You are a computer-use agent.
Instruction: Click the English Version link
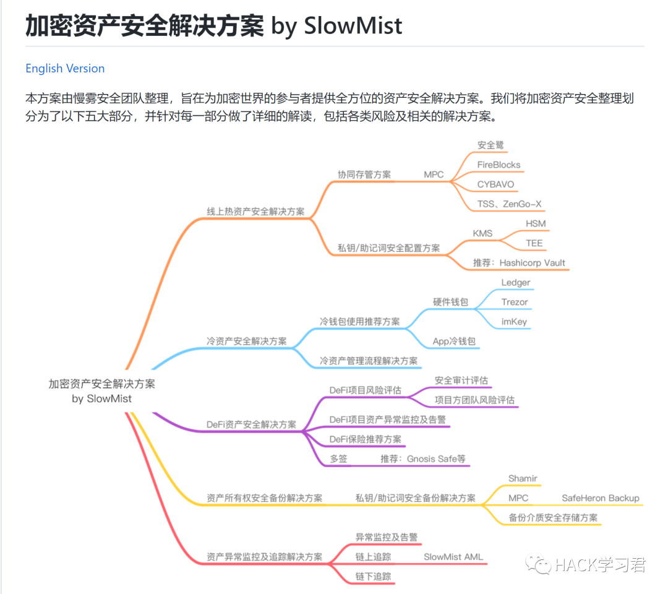point(65,69)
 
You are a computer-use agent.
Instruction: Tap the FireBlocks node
point(499,165)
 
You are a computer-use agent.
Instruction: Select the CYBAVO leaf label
point(495,184)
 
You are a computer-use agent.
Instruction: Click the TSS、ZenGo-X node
point(510,204)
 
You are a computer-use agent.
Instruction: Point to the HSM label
point(536,223)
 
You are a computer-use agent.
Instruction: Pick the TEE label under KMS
point(534,243)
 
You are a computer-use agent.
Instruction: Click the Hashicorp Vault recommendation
point(519,263)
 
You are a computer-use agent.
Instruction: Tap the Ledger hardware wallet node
point(515,283)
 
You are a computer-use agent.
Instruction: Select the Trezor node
point(515,302)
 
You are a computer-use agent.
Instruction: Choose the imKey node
point(514,322)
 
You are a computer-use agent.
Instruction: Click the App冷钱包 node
point(455,341)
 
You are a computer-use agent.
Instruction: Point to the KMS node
point(482,233)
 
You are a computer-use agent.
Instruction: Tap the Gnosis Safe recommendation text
point(423,459)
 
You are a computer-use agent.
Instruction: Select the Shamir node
point(523,478)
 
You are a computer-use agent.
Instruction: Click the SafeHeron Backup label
point(600,498)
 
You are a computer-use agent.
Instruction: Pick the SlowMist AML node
point(453,557)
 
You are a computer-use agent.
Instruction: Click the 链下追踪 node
point(373,576)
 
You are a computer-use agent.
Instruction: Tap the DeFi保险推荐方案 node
point(365,439)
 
